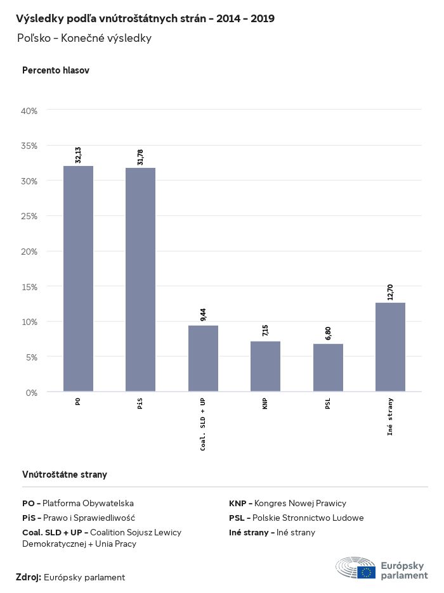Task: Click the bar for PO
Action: click(78, 279)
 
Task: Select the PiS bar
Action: click(140, 279)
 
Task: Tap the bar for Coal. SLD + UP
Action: click(203, 359)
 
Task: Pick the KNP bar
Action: click(265, 366)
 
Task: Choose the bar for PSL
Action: click(328, 367)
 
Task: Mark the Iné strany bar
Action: click(390, 347)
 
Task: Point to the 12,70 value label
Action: click(390, 292)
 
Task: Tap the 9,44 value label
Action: click(203, 315)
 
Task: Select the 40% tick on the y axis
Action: click(30, 111)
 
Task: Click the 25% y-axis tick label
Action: click(30, 216)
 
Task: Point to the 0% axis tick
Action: click(32, 392)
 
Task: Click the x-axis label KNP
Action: click(265, 404)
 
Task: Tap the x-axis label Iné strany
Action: click(390, 416)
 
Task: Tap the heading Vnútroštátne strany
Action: click(65, 475)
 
